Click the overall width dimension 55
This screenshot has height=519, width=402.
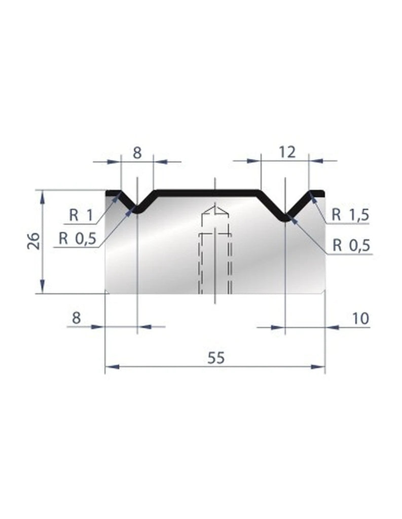pos(215,357)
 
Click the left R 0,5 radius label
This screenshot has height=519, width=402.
pos(77,238)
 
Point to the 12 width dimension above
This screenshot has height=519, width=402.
pos(286,152)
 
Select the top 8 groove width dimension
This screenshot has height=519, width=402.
pos(137,153)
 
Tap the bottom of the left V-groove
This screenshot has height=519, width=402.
pos(137,212)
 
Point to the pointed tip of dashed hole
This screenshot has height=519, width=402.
pos(215,208)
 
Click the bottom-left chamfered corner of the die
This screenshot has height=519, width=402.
pos(106,292)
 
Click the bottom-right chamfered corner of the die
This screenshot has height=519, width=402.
pos(323,292)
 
